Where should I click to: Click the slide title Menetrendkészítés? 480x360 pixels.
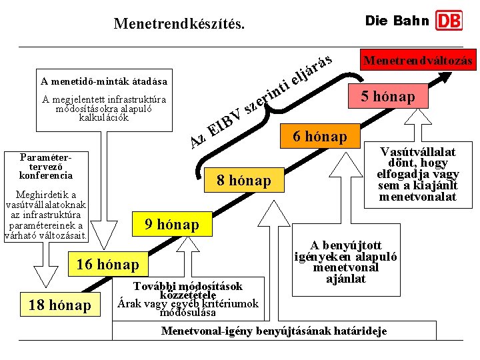click(179, 24)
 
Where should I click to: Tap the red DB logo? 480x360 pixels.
click(449, 21)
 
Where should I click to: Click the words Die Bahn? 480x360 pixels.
click(397, 21)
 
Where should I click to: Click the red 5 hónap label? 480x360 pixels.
click(388, 97)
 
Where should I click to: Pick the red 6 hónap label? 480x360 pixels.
click(320, 137)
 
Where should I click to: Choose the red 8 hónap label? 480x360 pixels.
click(244, 181)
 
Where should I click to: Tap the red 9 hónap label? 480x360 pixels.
click(171, 225)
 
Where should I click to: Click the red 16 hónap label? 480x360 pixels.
click(107, 265)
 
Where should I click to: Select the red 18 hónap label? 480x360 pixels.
click(60, 305)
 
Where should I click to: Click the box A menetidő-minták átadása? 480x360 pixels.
click(103, 82)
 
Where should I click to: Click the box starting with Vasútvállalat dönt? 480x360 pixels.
click(418, 174)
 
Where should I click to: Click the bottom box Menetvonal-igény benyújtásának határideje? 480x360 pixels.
click(274, 331)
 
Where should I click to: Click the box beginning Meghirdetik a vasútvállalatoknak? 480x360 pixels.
click(46, 215)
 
